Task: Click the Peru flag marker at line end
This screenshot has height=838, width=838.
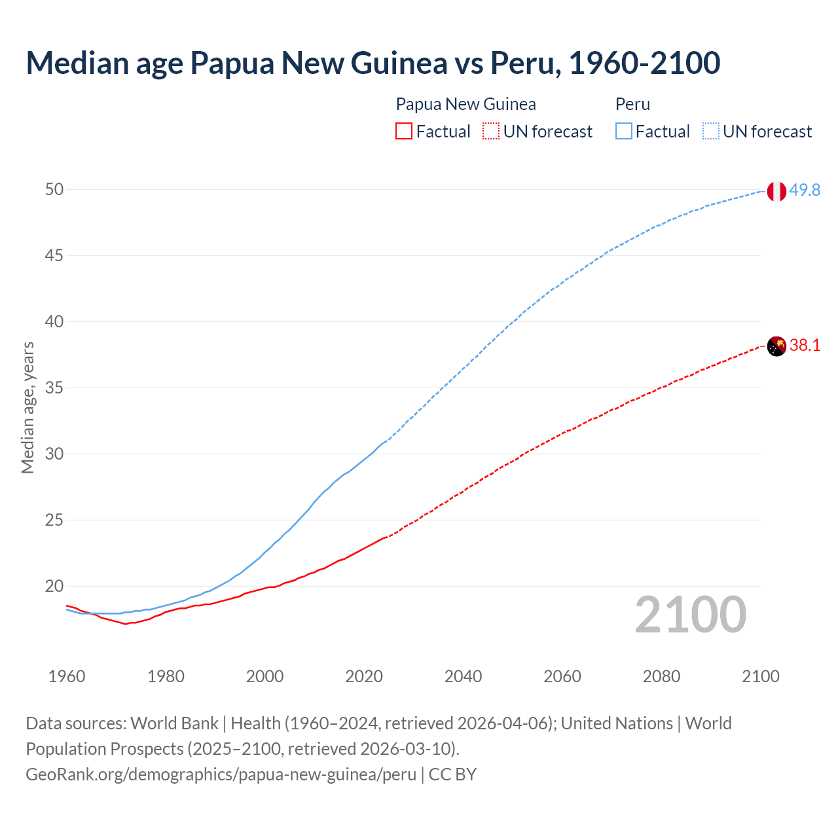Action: click(776, 191)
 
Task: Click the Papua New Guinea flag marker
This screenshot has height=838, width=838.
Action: click(776, 346)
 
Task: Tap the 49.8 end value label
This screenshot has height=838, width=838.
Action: click(805, 190)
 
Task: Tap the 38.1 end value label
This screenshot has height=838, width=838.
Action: click(805, 345)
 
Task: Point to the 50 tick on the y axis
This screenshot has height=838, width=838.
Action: click(54, 189)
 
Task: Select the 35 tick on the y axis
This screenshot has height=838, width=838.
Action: click(54, 388)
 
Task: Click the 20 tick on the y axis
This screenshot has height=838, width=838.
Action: click(54, 586)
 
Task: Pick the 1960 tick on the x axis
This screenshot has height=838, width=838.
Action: click(67, 676)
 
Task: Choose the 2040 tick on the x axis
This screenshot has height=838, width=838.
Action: click(463, 676)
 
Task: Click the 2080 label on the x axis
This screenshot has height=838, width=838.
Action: click(661, 676)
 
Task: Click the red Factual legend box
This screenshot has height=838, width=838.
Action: click(404, 131)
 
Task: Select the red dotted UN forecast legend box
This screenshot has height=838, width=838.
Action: click(491, 131)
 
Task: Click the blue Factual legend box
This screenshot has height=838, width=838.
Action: click(624, 131)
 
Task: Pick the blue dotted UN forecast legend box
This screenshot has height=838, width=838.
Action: click(711, 131)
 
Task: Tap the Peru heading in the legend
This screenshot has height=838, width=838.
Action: click(632, 104)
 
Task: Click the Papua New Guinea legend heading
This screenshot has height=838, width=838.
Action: click(465, 104)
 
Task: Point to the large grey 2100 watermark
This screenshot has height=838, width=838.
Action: click(690, 615)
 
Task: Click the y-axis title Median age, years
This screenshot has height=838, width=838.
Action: click(27, 407)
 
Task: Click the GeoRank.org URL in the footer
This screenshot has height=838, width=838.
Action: click(221, 774)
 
